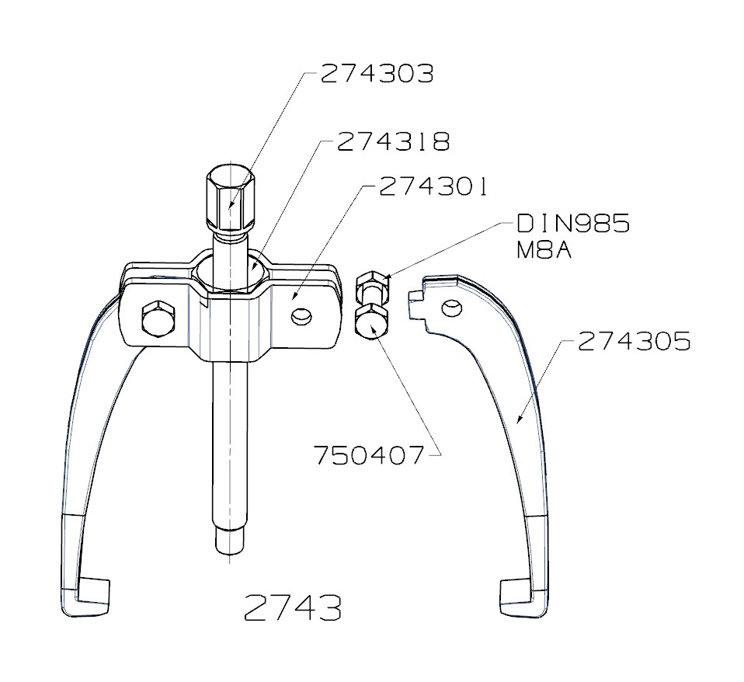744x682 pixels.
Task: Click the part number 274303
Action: click(377, 75)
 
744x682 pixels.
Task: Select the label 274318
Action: click(393, 142)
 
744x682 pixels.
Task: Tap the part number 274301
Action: click(433, 187)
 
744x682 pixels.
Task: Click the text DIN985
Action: click(573, 224)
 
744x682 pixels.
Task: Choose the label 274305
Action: click(634, 341)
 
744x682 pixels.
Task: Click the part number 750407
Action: click(370, 454)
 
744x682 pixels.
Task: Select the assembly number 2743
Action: click(292, 608)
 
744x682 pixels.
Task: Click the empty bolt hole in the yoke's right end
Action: click(301, 317)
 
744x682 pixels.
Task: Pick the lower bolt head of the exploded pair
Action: click(370, 321)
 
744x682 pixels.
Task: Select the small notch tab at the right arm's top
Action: click(414, 298)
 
